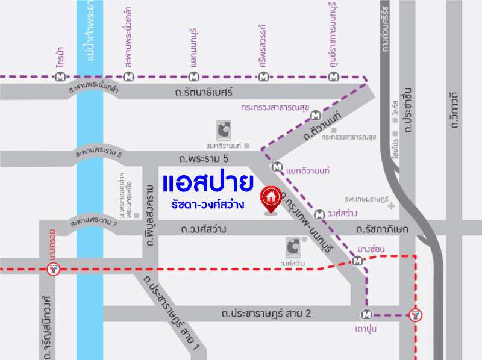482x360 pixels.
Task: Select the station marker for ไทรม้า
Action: click(60, 77)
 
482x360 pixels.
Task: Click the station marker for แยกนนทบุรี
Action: click(193, 77)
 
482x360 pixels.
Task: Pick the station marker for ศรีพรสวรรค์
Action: click(263, 77)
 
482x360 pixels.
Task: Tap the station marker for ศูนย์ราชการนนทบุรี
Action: click(334, 77)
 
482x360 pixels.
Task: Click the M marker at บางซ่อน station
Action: click(358, 261)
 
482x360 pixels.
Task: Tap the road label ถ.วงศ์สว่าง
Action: click(203, 229)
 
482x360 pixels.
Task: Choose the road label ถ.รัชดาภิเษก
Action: click(382, 229)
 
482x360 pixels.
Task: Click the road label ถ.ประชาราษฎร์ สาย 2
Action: click(266, 313)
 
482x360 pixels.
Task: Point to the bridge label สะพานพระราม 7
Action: click(93, 223)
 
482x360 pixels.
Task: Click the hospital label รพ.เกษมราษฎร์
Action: click(366, 198)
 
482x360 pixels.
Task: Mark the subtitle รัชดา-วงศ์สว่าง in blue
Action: click(208, 205)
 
